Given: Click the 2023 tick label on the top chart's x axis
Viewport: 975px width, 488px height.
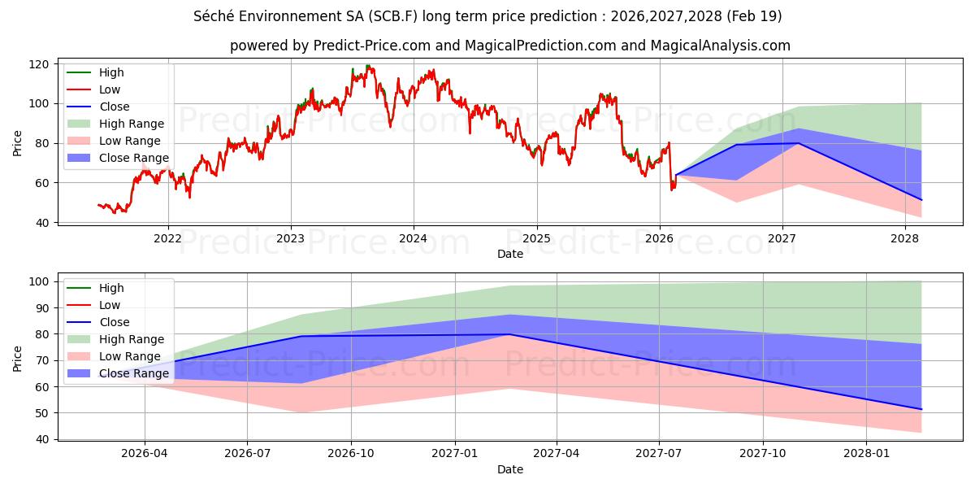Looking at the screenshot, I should (290, 238).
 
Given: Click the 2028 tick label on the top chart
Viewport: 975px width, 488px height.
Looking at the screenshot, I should (904, 238).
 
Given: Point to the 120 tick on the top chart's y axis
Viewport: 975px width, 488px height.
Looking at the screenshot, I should (38, 64).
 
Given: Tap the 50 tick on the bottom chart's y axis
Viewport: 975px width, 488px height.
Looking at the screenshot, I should (38, 413).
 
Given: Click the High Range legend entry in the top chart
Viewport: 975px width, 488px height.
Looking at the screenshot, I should (131, 124).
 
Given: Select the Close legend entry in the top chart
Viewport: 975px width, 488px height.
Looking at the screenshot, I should (113, 107).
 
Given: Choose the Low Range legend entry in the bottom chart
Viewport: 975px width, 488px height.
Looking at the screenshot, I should (130, 356).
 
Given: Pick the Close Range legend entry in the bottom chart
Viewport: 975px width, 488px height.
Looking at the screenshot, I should (134, 373).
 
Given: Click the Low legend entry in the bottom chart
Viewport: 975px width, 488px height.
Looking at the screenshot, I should (109, 305).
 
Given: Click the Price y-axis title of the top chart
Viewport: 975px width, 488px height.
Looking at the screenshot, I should (17, 143).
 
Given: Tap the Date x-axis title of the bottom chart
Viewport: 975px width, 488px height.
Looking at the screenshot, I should (509, 469).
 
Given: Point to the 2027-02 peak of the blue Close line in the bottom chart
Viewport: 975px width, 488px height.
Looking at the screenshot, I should (509, 334).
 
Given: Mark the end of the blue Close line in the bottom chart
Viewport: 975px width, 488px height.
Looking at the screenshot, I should (921, 409).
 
